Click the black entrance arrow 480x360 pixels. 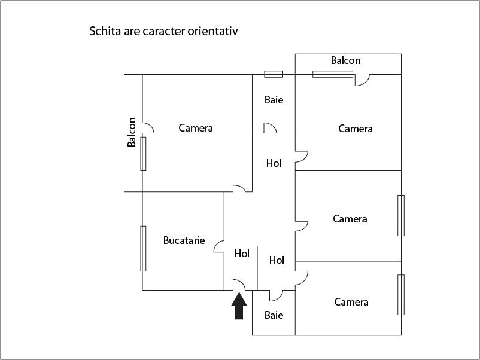239,306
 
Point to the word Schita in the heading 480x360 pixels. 105,31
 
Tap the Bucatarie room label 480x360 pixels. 184,240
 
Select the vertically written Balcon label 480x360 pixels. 132,132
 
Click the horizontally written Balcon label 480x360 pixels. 345,60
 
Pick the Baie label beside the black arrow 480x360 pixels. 274,315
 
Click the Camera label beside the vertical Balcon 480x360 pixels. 196,128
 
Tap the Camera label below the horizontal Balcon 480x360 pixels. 356,129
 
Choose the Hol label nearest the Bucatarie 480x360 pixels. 242,254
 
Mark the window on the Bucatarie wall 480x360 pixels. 143,249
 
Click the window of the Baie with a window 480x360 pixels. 274,74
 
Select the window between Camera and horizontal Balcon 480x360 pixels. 333,74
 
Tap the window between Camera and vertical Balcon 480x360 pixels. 143,154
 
